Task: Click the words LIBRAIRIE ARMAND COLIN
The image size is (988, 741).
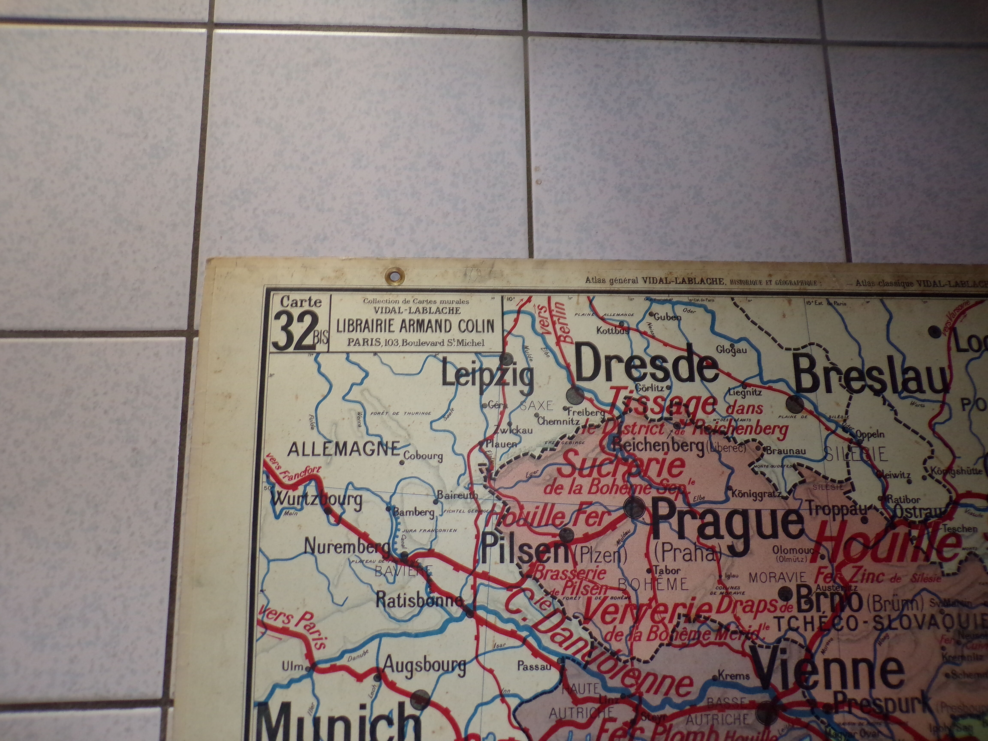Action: [x=415, y=326]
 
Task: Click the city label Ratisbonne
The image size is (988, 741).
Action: [x=419, y=600]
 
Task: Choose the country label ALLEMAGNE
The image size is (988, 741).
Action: [x=343, y=449]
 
